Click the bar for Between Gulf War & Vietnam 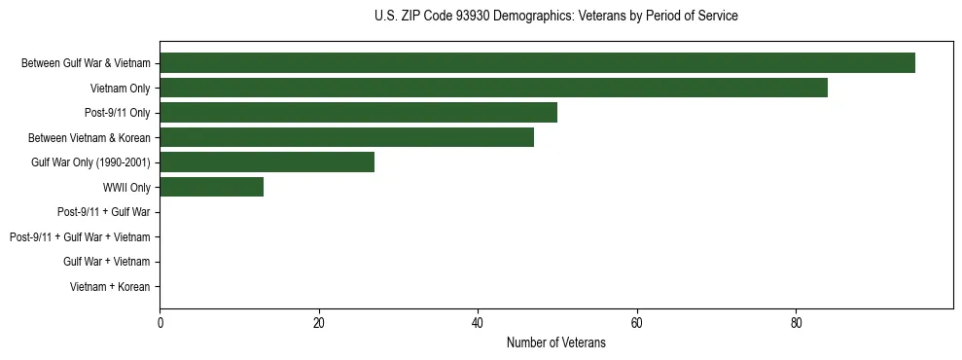[x=537, y=63]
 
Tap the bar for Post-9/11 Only [x=358, y=113]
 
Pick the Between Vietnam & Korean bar [x=346, y=137]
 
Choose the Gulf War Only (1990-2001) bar [x=267, y=162]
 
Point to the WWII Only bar [x=211, y=187]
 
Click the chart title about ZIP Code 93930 [x=555, y=17]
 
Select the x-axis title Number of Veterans [x=555, y=342]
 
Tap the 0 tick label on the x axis [x=160, y=323]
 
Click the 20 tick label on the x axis [x=318, y=323]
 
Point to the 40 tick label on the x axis [x=478, y=323]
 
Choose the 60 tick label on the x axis [x=636, y=323]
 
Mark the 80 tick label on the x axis [x=796, y=323]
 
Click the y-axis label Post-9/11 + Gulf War [x=104, y=212]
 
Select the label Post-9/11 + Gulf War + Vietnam [x=80, y=237]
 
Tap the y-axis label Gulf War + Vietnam [x=107, y=262]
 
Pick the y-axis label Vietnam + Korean [x=110, y=287]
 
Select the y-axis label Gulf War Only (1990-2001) [x=90, y=162]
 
